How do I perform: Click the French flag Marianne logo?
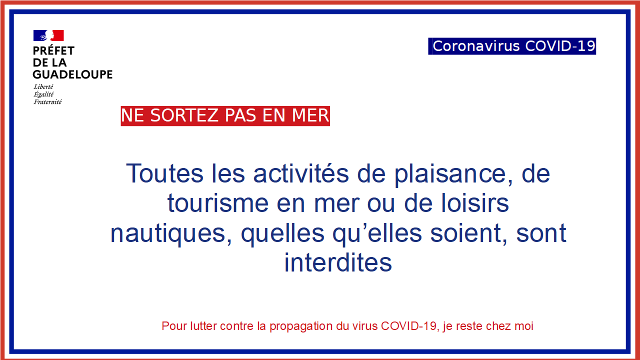(x=48, y=35)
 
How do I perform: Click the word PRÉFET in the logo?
(x=53, y=50)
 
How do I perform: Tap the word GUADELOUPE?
(x=72, y=74)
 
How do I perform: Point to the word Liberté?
(x=43, y=86)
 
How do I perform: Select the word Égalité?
(x=43, y=94)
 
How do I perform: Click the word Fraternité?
(x=47, y=102)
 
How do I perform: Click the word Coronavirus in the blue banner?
(x=476, y=46)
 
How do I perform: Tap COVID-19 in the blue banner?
(x=560, y=46)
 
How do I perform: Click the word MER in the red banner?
(x=310, y=115)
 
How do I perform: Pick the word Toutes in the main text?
(x=165, y=173)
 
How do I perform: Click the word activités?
(x=301, y=173)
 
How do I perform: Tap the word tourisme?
(x=217, y=203)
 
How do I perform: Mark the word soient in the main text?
(x=469, y=233)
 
